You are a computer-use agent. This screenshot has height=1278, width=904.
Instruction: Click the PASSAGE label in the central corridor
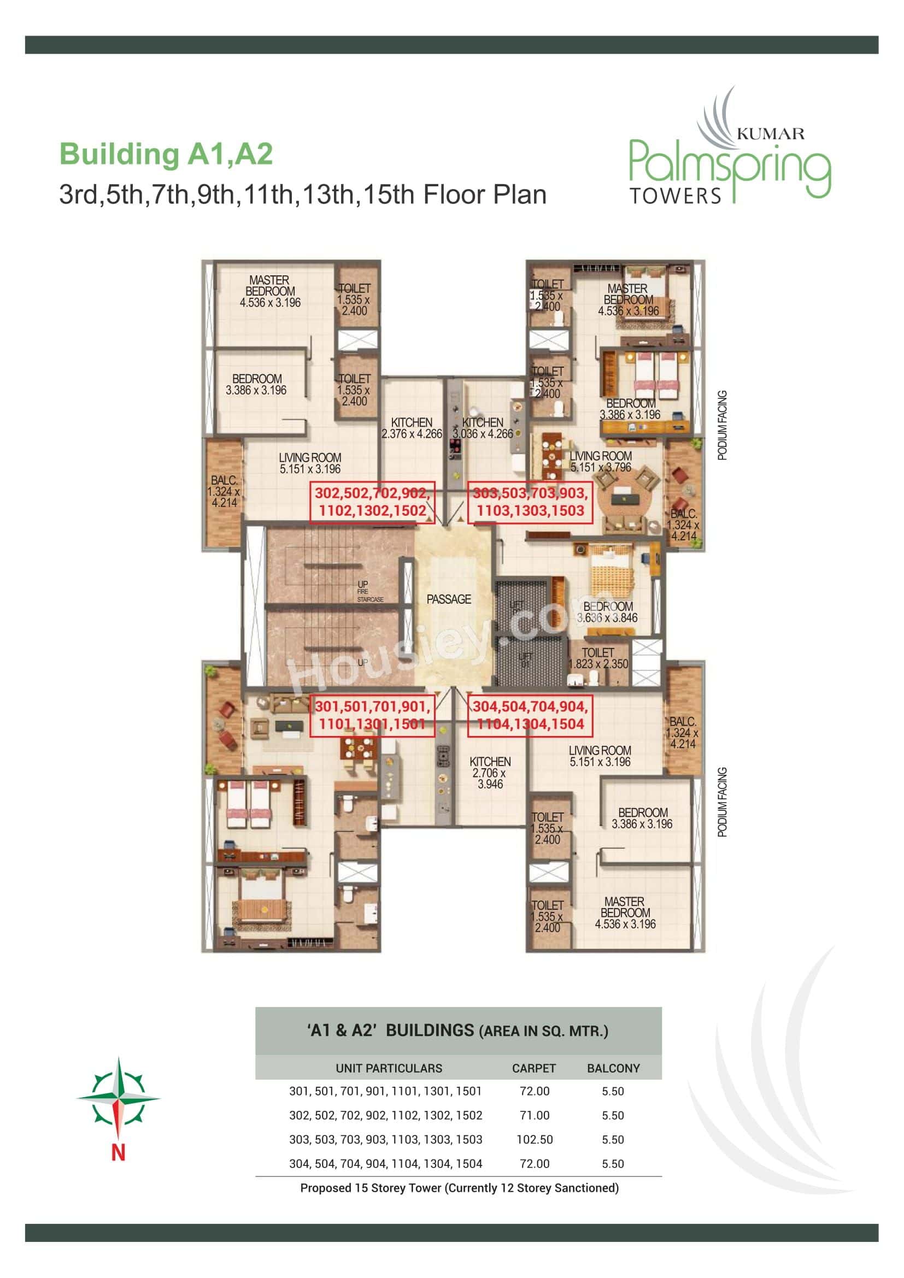[x=449, y=599]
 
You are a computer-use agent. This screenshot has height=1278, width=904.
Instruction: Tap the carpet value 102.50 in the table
[x=535, y=1139]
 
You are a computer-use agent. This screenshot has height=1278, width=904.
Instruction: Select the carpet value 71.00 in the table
[x=535, y=1116]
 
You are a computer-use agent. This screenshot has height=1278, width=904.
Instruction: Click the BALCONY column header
[x=613, y=1068]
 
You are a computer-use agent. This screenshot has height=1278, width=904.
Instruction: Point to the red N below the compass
[x=118, y=1152]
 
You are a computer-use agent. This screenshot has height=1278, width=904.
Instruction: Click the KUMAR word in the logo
[x=771, y=133]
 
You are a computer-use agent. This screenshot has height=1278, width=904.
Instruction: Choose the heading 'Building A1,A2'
[x=166, y=154]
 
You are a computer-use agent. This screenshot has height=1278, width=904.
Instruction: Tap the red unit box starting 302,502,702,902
[x=372, y=502]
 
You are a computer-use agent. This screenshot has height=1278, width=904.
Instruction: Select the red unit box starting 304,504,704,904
[x=530, y=715]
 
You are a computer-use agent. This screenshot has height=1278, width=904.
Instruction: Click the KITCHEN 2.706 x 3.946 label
[x=490, y=773]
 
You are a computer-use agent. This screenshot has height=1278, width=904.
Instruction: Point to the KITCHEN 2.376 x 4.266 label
[x=412, y=428]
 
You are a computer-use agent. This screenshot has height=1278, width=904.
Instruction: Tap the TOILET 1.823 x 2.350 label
[x=598, y=658]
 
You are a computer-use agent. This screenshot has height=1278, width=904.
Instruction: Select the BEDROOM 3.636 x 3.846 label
[x=607, y=612]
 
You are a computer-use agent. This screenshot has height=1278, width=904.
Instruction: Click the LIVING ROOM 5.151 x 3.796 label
[x=601, y=462]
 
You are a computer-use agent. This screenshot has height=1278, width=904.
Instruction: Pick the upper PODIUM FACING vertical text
[x=722, y=425]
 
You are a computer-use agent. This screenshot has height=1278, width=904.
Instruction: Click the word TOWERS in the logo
[x=675, y=196]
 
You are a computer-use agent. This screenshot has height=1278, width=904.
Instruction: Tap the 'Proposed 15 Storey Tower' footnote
[x=459, y=1188]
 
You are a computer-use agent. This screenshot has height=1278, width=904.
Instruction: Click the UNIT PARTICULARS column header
[x=389, y=1068]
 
